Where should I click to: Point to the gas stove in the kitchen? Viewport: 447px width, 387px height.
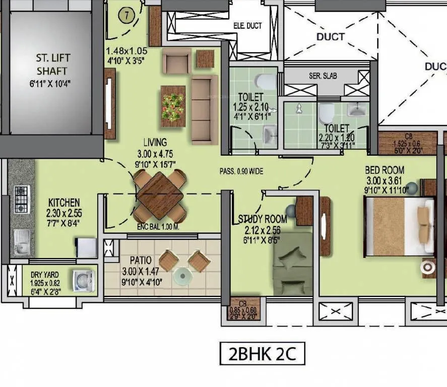point(21,199)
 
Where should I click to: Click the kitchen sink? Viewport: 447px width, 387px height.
point(21,241)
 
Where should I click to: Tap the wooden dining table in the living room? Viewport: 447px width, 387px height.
point(160,195)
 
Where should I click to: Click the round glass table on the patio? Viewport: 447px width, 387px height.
point(182,276)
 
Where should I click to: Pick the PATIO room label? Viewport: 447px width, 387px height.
point(140,261)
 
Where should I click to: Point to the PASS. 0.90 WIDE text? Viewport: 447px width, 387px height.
point(241,171)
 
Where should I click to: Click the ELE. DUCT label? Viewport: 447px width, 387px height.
point(247,26)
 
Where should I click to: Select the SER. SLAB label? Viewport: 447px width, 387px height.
point(323,76)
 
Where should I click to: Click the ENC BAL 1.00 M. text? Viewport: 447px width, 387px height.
point(158,227)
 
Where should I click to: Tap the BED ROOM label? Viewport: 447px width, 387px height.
point(385,170)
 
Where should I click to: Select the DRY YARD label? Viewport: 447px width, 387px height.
point(45,275)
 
